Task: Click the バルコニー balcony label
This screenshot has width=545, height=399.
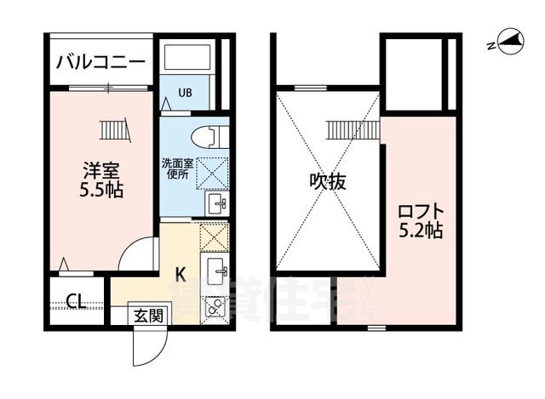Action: click(100, 62)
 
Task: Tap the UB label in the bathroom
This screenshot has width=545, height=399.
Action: click(184, 93)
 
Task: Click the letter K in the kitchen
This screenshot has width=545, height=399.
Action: click(181, 274)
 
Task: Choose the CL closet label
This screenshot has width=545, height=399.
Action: click(74, 301)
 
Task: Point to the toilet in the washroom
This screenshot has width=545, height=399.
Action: click(208, 137)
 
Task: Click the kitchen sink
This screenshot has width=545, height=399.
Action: click(215, 271)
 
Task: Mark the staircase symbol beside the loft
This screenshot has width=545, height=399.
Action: click(351, 130)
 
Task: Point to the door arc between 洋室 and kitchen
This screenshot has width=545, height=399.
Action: click(136, 255)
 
